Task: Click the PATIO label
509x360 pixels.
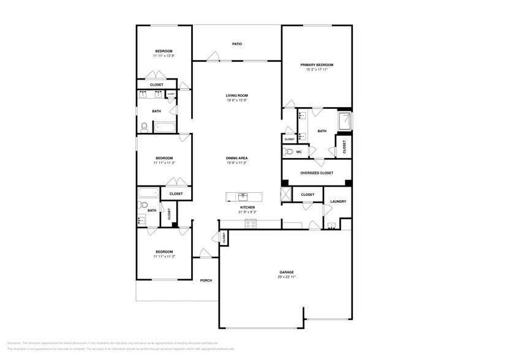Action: (x=236, y=44)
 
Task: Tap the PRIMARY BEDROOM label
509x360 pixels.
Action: (x=317, y=64)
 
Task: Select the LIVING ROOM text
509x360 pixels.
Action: (x=236, y=96)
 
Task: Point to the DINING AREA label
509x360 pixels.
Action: (x=236, y=158)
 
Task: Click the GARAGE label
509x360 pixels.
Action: (x=287, y=272)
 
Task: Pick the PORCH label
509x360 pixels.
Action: (x=206, y=280)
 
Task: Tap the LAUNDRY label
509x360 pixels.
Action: (x=338, y=201)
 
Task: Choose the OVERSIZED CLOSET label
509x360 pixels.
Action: (x=317, y=173)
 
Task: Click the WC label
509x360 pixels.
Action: (x=299, y=151)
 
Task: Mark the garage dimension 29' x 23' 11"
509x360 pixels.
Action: (x=287, y=277)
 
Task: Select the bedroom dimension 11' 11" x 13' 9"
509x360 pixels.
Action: (x=164, y=56)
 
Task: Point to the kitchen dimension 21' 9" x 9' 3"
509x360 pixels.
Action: (x=247, y=212)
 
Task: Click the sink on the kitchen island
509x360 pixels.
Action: (x=243, y=197)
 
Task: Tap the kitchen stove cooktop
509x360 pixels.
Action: (x=251, y=224)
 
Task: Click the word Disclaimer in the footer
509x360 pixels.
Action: (x=13, y=343)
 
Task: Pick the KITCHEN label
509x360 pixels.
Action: (x=247, y=208)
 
